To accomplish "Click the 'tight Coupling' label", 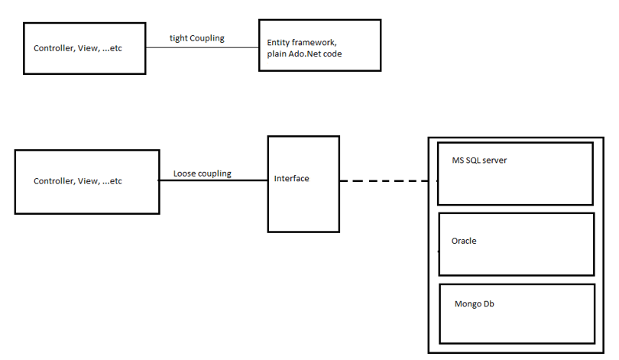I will (x=196, y=38).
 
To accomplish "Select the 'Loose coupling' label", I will (x=202, y=174).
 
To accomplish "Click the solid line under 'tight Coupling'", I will (x=202, y=48).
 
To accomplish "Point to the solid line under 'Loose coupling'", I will (x=212, y=181).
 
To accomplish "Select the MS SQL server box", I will (x=515, y=183).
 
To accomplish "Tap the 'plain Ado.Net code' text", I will (x=304, y=54).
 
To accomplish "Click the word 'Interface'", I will (x=292, y=179).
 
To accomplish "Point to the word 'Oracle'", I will (x=464, y=241).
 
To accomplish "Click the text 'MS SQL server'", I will (x=480, y=161).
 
